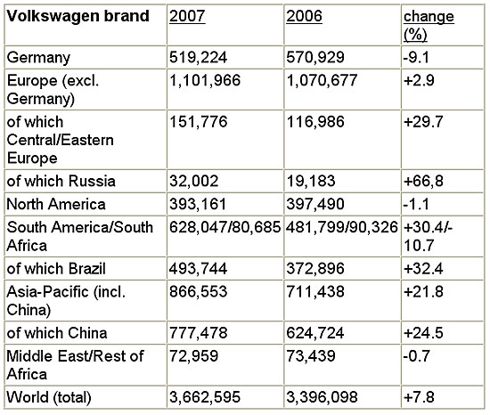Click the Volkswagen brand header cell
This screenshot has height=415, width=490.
(x=78, y=16)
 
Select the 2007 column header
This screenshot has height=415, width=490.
(x=187, y=16)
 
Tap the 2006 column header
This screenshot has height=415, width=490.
(x=304, y=16)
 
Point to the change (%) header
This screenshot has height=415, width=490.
(x=429, y=25)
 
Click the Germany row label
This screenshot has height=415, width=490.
(x=38, y=58)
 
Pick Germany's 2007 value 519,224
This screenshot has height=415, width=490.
(x=198, y=57)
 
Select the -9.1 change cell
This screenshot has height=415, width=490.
(x=416, y=57)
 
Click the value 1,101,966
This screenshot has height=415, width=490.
(x=205, y=80)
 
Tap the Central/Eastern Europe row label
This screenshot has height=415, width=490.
(x=60, y=140)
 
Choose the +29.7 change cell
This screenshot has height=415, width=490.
(x=423, y=121)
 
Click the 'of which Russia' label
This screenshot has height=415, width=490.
(x=61, y=181)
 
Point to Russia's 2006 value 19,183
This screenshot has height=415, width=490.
(x=311, y=181)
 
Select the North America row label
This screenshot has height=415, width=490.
(x=56, y=204)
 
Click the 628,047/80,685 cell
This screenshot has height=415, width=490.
(x=225, y=227)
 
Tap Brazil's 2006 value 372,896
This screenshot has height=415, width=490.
(x=315, y=268)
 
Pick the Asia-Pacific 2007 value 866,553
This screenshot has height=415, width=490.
(x=198, y=291)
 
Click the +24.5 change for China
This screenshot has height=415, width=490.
(x=423, y=332)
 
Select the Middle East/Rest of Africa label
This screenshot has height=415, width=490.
(x=75, y=365)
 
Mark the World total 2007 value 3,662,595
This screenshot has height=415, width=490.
(x=205, y=397)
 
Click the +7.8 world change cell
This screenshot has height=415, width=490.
(x=419, y=397)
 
